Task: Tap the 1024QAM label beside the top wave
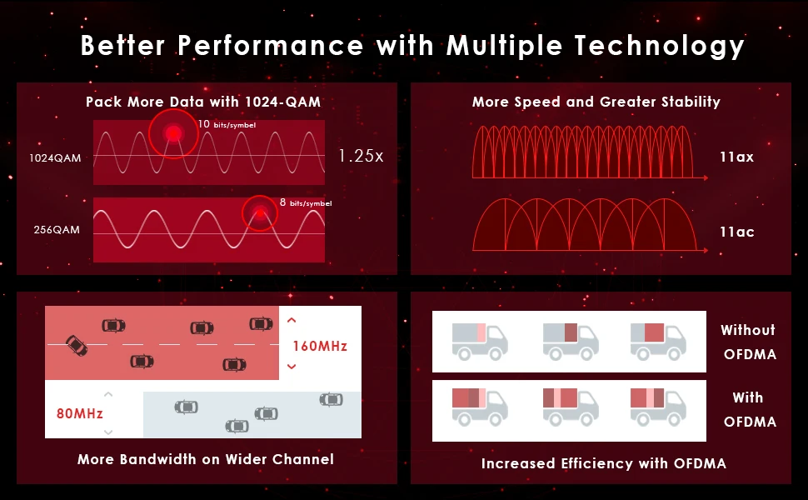tap(56, 157)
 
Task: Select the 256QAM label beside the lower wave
tap(57, 229)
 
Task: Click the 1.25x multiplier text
tap(361, 156)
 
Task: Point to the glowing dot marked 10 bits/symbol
tap(173, 132)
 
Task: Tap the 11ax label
tap(736, 157)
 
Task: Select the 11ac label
tap(736, 232)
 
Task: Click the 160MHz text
tap(320, 345)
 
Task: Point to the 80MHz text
tap(79, 413)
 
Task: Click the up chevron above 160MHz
tap(292, 320)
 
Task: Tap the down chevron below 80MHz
tap(108, 432)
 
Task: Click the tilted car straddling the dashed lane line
tap(76, 345)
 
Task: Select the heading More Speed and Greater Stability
tap(596, 102)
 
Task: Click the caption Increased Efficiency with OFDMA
tap(603, 463)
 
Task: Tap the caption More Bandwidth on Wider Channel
tap(206, 459)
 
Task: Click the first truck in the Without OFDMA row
tap(480, 340)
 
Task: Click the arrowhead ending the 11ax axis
tap(705, 177)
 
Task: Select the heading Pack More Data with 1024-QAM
tap(203, 102)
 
